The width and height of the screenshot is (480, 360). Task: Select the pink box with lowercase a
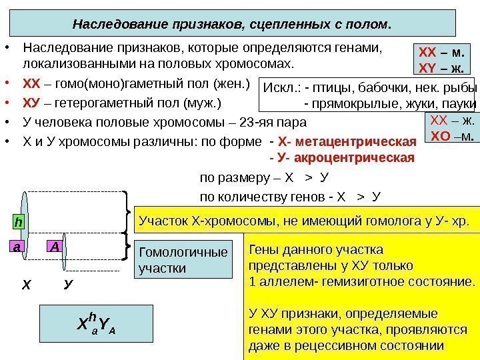(18, 247)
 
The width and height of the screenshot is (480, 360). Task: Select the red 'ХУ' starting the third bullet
(31, 104)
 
